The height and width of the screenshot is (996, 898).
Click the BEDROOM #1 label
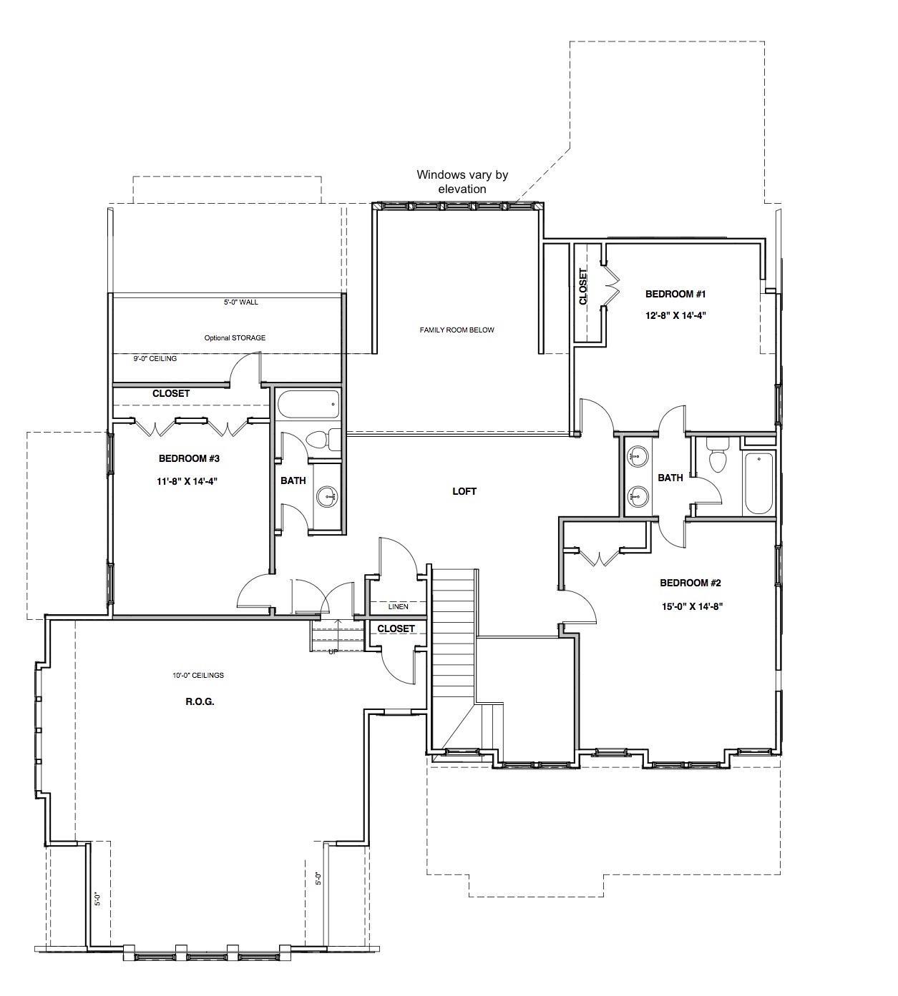pos(675,294)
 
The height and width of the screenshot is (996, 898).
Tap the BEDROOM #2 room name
pos(690,583)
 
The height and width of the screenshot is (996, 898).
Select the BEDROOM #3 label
pos(189,459)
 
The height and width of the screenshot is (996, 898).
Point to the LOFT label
pos(464,491)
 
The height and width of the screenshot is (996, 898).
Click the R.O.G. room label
pos(200,702)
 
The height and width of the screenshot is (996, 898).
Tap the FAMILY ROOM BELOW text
pos(457,330)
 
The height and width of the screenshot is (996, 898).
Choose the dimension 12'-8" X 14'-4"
pos(676,315)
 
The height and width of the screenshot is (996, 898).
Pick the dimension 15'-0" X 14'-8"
pos(690,606)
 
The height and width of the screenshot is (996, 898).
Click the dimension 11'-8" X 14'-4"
pos(187,481)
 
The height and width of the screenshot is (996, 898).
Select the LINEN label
pos(398,607)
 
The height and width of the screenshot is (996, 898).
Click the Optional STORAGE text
pos(235,338)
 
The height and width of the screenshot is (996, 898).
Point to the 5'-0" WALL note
pos(240,302)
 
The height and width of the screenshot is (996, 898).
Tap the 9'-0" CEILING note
pos(155,358)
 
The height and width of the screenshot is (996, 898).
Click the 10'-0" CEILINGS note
pos(197,675)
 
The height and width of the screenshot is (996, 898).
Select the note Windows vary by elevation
pos(462,182)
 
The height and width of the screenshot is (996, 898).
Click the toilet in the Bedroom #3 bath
pos(323,440)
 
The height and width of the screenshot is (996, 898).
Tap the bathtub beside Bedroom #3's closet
pos(308,404)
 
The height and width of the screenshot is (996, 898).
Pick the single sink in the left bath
pos(327,495)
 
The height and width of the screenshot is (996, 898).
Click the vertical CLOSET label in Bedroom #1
pos(583,287)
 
